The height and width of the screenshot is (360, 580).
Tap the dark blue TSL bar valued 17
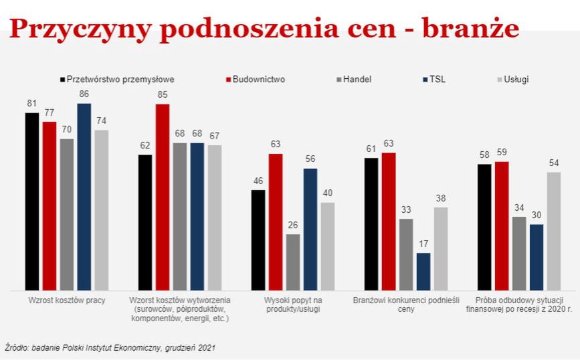coord(423,271)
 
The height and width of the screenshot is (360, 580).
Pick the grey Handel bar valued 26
coord(293,262)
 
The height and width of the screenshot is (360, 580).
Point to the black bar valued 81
coord(32,201)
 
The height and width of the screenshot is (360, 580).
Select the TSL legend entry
coord(438,79)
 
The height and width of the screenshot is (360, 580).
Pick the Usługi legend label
coord(516,79)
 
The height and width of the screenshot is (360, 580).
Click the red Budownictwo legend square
coord(227,79)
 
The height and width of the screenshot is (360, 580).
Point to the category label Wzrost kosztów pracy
coord(67,300)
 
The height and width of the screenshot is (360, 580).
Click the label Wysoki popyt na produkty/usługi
coord(294,304)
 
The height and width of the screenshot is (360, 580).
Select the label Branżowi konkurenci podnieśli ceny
coord(406,304)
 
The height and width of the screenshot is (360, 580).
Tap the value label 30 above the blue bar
coord(536,214)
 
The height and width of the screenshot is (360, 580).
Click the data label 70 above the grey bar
coord(67,129)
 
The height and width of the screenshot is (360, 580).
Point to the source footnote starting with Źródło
coord(110,347)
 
